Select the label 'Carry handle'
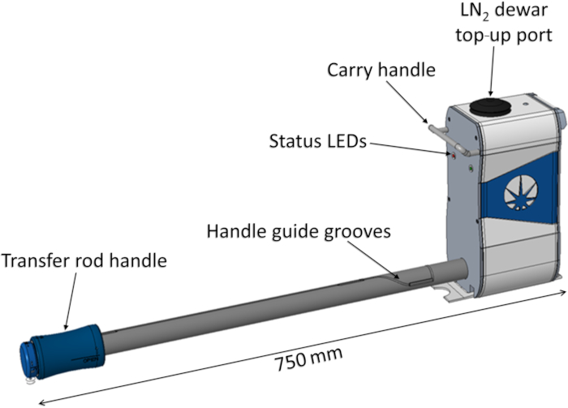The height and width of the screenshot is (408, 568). tap(381, 71)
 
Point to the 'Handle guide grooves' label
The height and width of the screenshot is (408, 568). tap(299, 231)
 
